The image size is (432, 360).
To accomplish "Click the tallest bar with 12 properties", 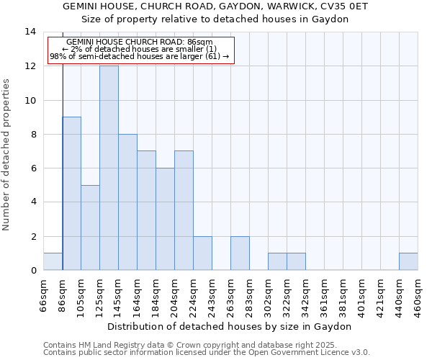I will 109,168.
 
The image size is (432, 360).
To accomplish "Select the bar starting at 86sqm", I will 71,194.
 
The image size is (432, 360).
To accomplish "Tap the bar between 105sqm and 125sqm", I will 90,228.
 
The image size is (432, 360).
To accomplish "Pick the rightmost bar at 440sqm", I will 408,261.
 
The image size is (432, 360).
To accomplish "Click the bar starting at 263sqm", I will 240,253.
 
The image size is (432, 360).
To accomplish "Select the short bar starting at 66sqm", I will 53,261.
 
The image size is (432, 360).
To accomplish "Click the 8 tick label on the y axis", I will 32,135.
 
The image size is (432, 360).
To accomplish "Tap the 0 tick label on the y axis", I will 32,271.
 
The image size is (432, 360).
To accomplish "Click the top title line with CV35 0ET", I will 215,6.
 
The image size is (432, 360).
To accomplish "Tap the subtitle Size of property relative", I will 215,19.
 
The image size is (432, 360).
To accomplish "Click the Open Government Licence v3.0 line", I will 206,353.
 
